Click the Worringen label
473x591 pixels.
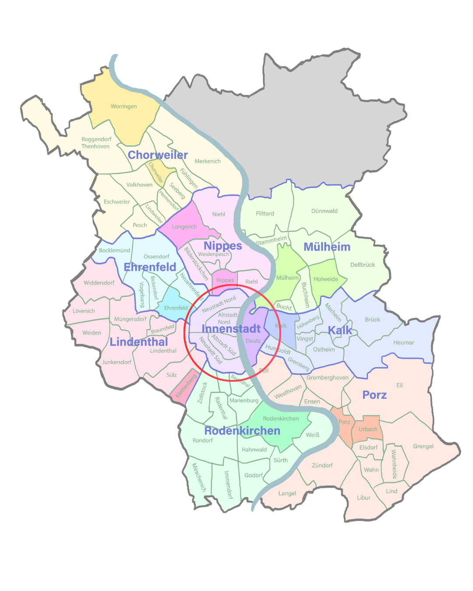(124, 106)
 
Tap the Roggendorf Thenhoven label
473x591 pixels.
(96, 143)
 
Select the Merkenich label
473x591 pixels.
(208, 161)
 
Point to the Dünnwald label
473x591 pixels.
(324, 211)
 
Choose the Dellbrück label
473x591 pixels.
(363, 265)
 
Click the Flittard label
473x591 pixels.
(265, 214)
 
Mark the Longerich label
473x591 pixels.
(184, 227)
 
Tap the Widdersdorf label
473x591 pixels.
(99, 283)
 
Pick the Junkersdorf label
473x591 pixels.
(116, 362)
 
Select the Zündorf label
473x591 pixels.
(322, 465)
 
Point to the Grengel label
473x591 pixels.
(423, 447)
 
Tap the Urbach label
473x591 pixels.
(368, 429)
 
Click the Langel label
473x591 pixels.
(287, 493)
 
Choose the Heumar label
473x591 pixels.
(403, 343)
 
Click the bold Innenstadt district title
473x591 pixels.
(231, 329)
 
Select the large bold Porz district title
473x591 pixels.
(374, 395)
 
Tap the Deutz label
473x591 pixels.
(253, 341)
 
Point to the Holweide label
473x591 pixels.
(326, 279)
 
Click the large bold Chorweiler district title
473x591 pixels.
(158, 155)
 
